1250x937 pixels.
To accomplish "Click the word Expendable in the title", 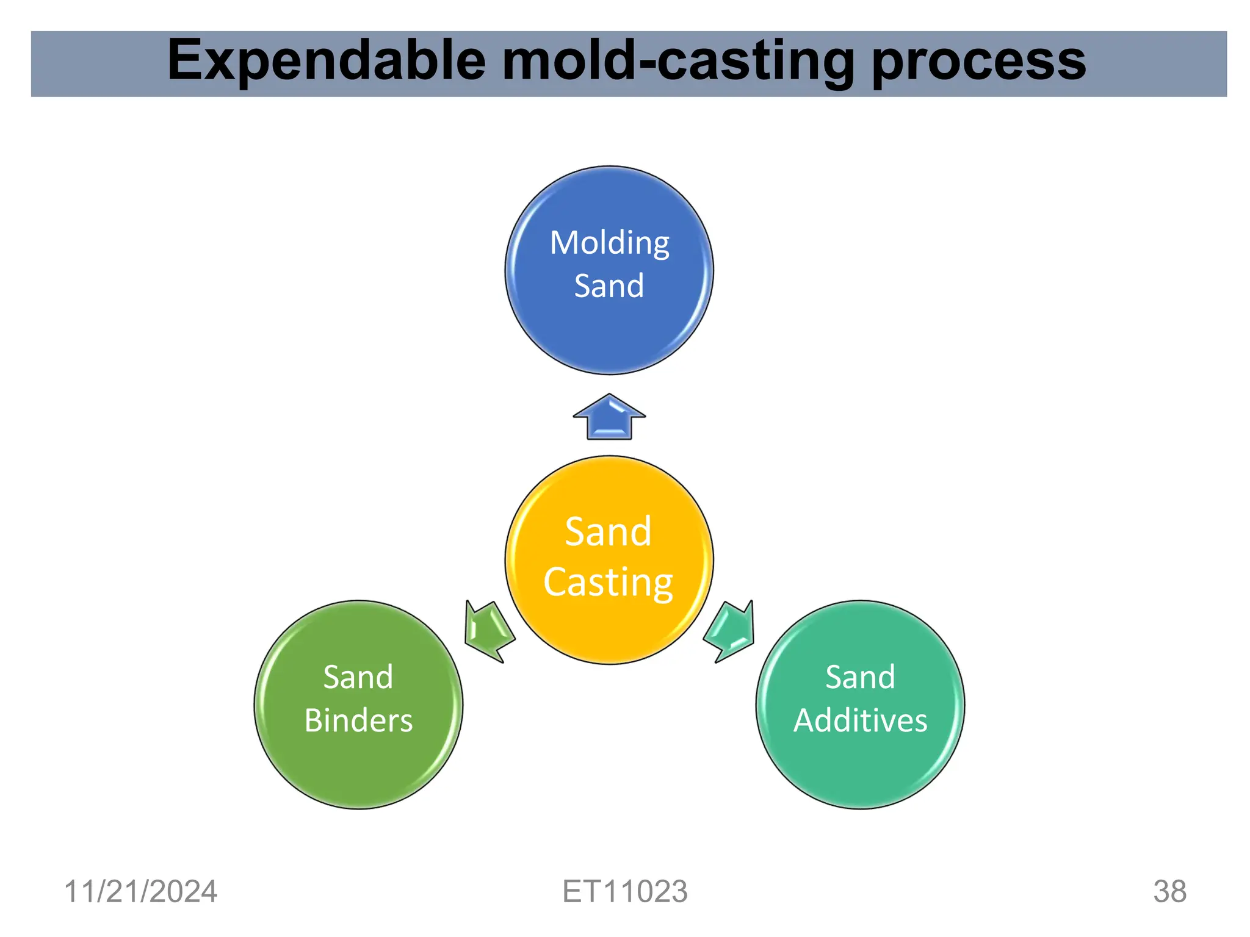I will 326,61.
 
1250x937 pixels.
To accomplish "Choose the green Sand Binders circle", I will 358,769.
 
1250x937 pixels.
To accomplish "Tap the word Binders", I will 358,720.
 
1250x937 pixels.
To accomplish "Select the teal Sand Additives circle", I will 860,769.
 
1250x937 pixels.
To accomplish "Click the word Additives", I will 860,720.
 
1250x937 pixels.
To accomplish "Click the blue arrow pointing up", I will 609,418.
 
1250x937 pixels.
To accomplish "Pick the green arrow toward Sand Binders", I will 488,631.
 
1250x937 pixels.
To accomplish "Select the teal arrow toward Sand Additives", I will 730,631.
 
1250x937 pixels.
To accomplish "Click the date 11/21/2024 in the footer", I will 140,892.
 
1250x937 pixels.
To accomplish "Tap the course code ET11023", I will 624,892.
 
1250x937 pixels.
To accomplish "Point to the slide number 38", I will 1169,892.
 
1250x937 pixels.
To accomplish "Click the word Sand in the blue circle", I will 609,286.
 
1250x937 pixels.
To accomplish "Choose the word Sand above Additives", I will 860,677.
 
